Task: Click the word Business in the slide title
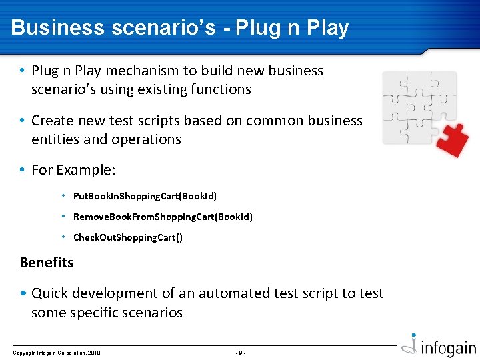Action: click(58, 28)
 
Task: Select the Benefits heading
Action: click(47, 262)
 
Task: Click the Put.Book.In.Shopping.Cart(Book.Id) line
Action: click(145, 196)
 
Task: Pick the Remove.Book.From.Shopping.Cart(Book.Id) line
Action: click(163, 217)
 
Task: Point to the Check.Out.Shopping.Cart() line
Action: click(127, 237)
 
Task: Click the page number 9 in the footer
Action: click(241, 352)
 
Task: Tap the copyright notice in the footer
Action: click(57, 352)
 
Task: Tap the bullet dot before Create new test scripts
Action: click(23, 121)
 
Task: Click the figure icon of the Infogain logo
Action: click(413, 346)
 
